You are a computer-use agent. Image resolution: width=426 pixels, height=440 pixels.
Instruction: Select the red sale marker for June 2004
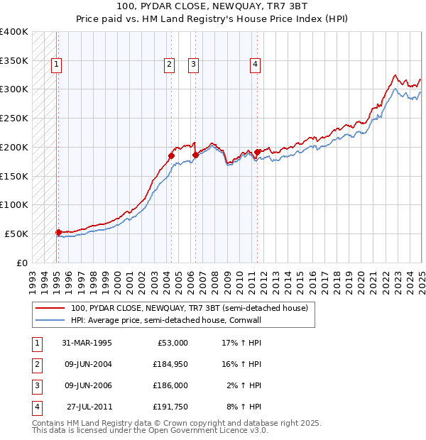tap(171, 155)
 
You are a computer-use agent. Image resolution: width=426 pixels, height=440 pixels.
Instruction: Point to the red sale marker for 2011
tap(257, 151)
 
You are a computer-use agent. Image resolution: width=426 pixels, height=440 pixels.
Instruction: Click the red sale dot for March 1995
tap(58, 231)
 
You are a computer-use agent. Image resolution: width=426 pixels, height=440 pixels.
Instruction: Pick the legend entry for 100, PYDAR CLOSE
tap(189, 309)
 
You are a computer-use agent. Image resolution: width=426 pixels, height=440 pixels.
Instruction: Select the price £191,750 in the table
tap(169, 407)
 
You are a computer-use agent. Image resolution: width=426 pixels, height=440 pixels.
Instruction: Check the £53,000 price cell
tap(171, 343)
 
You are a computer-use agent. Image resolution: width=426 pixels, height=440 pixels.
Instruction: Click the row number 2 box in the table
tap(36, 364)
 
